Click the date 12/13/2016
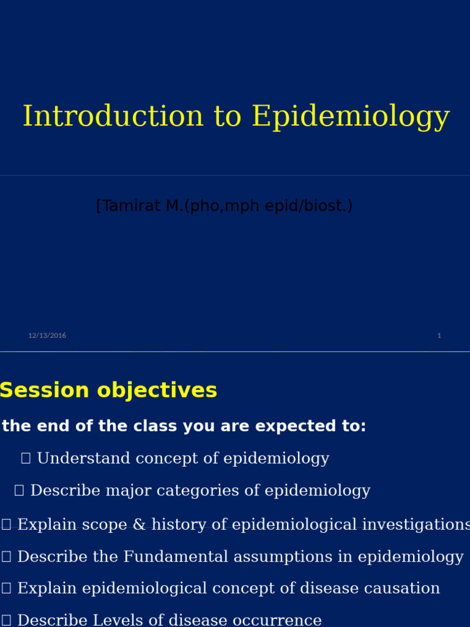tap(47, 336)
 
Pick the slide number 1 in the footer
tap(439, 336)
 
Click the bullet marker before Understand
tap(26, 459)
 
